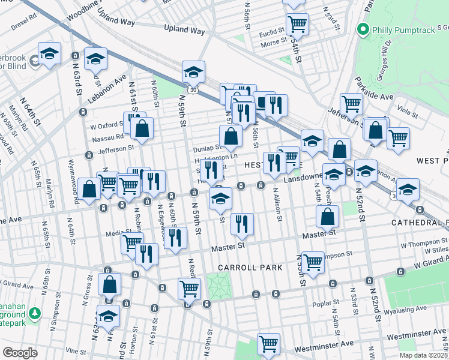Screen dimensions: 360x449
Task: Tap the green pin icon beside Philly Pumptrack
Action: click(x=363, y=28)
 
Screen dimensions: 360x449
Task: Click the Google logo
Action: click(x=20, y=353)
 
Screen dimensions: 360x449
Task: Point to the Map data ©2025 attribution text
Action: click(x=423, y=355)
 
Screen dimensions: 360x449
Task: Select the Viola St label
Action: click(x=407, y=112)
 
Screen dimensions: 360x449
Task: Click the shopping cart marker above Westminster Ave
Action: click(x=269, y=344)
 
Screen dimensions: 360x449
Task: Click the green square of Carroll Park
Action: click(x=218, y=283)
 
